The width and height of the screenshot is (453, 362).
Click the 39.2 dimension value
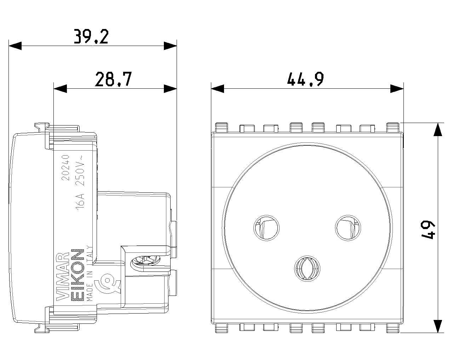click(91, 36)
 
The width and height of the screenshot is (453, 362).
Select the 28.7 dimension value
click(113, 79)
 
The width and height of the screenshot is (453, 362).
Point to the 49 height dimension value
click(428, 229)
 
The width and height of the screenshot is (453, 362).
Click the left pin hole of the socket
click(266, 228)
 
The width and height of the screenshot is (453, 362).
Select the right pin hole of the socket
click(348, 228)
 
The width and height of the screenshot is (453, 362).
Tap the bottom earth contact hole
click(307, 269)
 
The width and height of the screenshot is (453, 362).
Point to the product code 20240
click(65, 168)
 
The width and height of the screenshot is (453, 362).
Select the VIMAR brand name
click(63, 276)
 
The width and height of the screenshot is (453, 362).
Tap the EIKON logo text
click(78, 275)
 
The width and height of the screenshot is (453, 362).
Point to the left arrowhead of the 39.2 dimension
click(15, 46)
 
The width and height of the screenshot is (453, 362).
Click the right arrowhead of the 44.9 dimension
click(397, 88)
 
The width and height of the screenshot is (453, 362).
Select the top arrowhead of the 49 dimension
click(438, 129)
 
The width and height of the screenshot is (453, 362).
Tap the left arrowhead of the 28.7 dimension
click(60, 88)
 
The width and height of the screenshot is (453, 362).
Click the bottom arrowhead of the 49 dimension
click(438, 326)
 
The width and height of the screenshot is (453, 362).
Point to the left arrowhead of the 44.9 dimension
click(217, 88)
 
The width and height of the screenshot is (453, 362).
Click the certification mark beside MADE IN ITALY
click(107, 285)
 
